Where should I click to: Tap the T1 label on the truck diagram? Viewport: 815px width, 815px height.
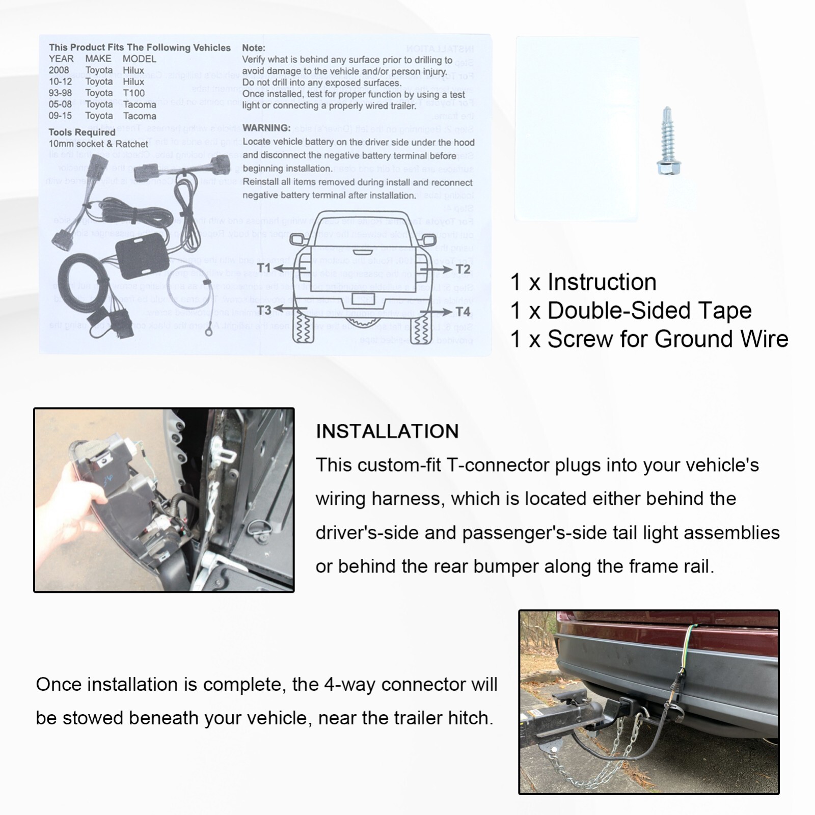(264, 268)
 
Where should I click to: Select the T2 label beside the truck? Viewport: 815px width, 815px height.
(463, 269)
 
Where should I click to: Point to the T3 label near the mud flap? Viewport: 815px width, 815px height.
(264, 310)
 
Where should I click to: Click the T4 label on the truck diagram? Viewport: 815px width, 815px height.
(463, 311)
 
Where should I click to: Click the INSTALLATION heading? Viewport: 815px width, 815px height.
(387, 431)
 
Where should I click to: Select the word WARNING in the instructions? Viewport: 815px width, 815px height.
(266, 128)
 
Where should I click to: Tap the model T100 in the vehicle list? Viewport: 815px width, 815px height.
(133, 93)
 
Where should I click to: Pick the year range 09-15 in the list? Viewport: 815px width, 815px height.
(60, 116)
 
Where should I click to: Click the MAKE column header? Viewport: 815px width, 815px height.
(98, 59)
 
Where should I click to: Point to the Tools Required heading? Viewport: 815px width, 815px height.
(82, 132)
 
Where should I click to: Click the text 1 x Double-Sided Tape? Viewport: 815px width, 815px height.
(631, 311)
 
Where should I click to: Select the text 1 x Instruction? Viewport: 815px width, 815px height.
(583, 282)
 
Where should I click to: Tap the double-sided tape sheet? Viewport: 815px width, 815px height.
(577, 128)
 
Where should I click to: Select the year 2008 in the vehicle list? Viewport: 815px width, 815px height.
(59, 70)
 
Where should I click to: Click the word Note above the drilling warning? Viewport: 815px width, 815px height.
(253, 48)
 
